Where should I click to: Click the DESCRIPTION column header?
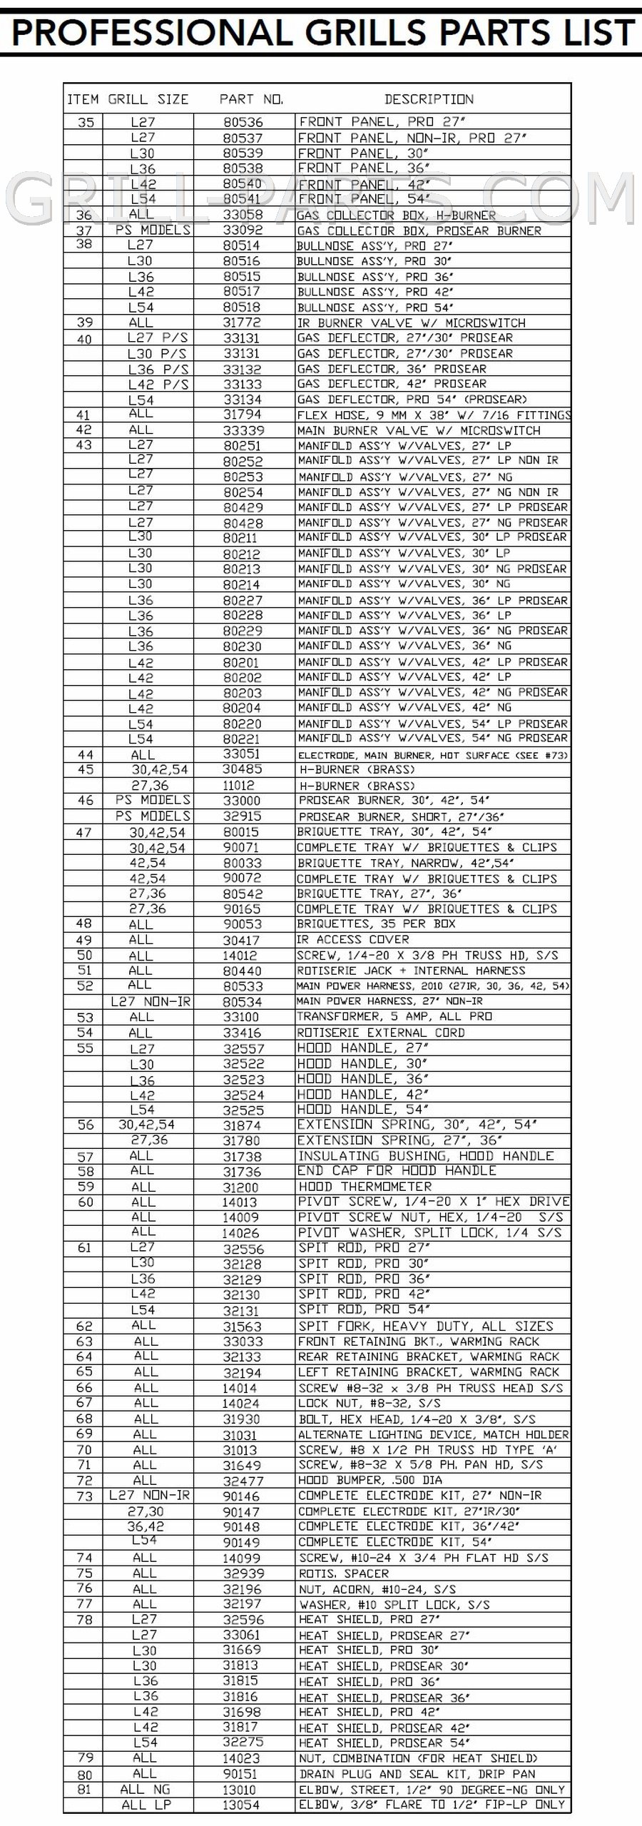click(x=429, y=99)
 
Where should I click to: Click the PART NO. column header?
click(x=251, y=99)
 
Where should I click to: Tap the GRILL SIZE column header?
click(x=148, y=99)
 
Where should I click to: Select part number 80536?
click(x=243, y=122)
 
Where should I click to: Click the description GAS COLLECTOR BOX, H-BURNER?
click(x=396, y=215)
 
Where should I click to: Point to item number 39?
click(x=84, y=323)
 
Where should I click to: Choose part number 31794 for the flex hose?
click(x=243, y=415)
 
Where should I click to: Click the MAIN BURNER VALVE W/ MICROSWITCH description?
click(x=419, y=430)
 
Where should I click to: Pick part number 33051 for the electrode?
click(x=243, y=754)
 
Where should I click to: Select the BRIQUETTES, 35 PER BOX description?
click(x=377, y=924)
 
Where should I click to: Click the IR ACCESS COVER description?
click(x=353, y=940)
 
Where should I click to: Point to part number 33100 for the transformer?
click(x=243, y=1017)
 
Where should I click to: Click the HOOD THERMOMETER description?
click(x=365, y=1187)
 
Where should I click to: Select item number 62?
click(x=84, y=1327)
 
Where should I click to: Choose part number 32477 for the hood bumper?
click(x=243, y=1481)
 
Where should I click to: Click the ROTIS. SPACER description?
click(x=344, y=1573)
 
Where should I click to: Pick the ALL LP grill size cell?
click(x=146, y=1805)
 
